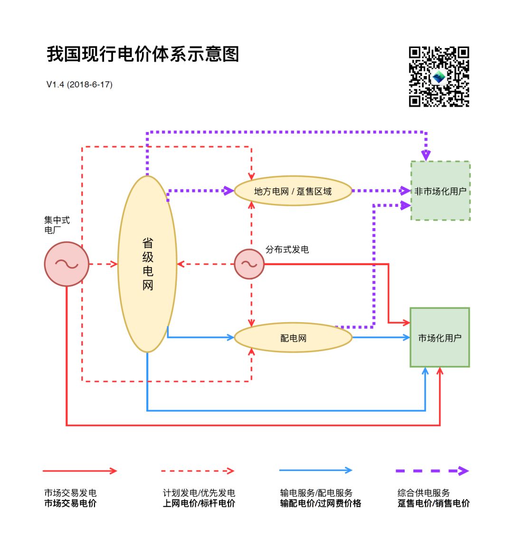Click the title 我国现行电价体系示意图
[x=142, y=55]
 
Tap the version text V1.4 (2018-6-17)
[x=79, y=85]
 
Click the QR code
[x=439, y=77]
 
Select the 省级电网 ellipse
[x=147, y=264]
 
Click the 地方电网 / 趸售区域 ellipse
[x=293, y=191]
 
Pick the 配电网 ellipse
[x=293, y=338]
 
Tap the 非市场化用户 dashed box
[x=440, y=191]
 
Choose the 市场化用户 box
[x=439, y=338]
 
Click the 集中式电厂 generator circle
[x=66, y=264]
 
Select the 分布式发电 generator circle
[x=249, y=264]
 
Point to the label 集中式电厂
[x=57, y=225]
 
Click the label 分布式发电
[x=287, y=250]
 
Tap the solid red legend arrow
[x=79, y=471]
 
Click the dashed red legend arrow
[x=198, y=471]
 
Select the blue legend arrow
[x=315, y=471]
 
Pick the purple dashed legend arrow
[x=432, y=471]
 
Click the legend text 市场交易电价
[x=70, y=503]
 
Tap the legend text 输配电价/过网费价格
[x=321, y=503]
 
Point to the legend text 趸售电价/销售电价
[x=433, y=503]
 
